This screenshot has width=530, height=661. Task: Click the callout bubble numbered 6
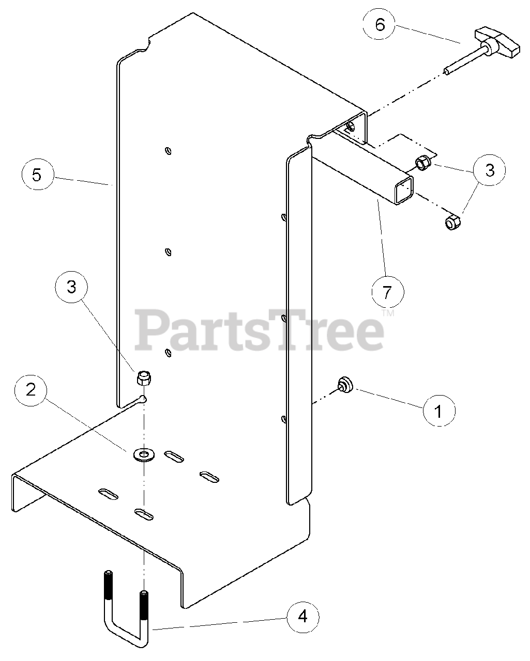tap(381, 25)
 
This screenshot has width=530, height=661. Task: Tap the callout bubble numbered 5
tap(37, 175)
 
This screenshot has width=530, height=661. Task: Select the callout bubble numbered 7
tap(387, 292)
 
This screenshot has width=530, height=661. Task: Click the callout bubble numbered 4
tap(303, 616)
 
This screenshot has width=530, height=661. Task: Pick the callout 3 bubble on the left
tap(71, 287)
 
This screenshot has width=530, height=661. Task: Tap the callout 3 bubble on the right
tap(490, 169)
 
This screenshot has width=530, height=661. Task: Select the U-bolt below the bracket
tap(126, 615)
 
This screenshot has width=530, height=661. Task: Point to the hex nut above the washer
tap(143, 379)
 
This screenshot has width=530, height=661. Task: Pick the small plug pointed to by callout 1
tap(344, 384)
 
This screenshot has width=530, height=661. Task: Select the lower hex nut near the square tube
tap(452, 223)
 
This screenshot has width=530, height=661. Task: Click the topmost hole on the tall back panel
tap(168, 151)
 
